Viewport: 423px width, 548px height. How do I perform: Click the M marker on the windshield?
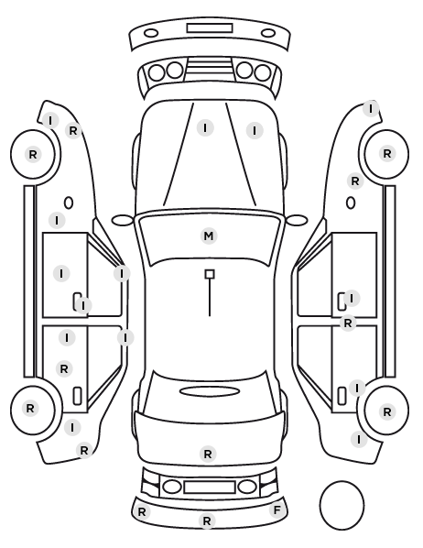209,236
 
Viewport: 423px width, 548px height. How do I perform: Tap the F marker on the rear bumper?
277,510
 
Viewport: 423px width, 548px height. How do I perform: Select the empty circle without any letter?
342,505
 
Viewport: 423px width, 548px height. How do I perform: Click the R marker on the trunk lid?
208,454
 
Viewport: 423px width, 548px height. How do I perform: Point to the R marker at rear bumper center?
207,521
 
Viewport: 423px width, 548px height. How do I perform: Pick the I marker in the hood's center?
205,128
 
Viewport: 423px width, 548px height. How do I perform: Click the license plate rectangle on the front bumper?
210,28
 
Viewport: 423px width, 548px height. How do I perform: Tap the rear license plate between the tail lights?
210,487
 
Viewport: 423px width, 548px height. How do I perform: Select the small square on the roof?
210,274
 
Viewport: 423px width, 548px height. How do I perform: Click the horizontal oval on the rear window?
210,391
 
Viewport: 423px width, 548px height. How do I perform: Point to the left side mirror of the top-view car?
123,220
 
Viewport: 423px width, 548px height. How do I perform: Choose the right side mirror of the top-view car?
297,220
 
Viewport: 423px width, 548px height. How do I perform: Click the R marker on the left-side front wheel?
33,154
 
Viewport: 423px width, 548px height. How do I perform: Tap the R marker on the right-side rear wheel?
387,412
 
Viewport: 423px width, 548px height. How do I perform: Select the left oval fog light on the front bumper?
151,34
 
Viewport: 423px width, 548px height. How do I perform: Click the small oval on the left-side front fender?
69,203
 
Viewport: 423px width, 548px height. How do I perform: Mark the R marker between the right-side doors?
348,323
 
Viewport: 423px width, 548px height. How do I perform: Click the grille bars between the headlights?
210,67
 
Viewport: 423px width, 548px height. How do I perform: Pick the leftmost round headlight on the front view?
157,72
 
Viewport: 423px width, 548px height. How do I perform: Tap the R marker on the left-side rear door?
64,368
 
